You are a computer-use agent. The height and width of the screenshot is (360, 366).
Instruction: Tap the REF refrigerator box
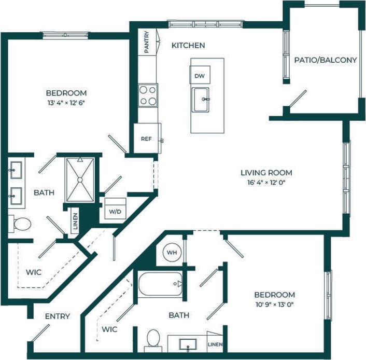click(146, 139)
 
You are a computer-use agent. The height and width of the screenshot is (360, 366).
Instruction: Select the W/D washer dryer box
click(114, 212)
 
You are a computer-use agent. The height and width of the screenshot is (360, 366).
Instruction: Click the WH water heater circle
click(172, 253)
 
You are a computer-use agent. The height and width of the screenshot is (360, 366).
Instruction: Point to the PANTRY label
click(147, 41)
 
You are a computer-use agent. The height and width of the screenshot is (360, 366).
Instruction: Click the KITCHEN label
click(188, 46)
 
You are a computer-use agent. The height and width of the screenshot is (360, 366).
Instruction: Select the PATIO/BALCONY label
click(326, 60)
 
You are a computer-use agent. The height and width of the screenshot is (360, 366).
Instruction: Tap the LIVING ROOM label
click(266, 173)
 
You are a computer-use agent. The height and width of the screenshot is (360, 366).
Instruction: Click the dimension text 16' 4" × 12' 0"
click(266, 183)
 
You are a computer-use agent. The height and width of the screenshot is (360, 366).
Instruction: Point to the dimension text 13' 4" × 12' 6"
click(65, 103)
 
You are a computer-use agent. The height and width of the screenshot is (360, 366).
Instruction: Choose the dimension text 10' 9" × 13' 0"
click(274, 304)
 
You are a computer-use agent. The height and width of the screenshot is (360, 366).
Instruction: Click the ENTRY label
click(57, 316)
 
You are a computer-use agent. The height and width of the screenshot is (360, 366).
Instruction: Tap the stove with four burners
click(148, 94)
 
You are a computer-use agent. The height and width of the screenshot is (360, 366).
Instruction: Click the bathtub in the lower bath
click(160, 284)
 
